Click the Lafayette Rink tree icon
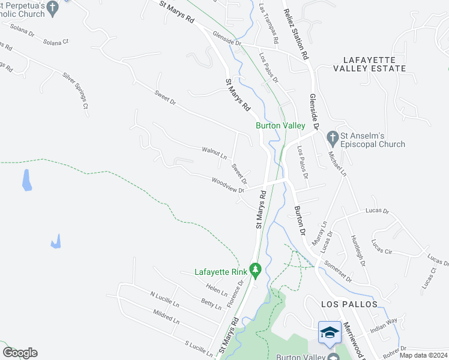pos(255,272)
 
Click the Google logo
pos(20,353)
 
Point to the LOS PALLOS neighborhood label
pos(349,304)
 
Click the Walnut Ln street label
pos(214,153)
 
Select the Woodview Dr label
pos(228,184)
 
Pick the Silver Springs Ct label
pos(76,91)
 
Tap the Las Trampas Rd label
pos(269,23)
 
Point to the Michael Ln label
pos(337,163)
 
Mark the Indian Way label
pos(384,325)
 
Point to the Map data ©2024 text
pos(424,355)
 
